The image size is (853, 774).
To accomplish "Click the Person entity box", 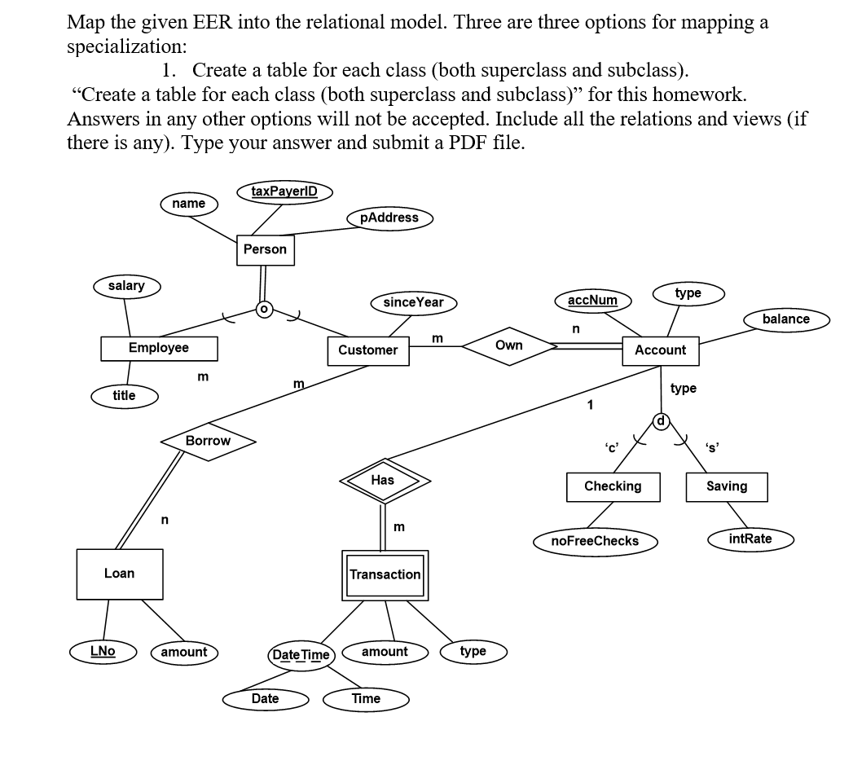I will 265,249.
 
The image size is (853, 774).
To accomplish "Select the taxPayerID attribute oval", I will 284,192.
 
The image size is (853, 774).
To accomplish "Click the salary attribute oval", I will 125,286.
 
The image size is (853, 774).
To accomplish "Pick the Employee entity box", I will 159,348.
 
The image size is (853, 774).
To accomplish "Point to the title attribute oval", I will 124,396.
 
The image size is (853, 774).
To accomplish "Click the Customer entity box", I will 367,350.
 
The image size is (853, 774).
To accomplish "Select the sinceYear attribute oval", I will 413,302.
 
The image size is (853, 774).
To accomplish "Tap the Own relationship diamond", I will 508,345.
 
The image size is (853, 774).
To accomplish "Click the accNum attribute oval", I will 592,300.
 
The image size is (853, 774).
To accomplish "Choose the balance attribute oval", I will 785,319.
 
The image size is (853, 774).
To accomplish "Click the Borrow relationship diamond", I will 208,441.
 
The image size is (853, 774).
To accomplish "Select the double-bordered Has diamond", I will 383,481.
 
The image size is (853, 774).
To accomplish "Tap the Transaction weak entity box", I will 385,574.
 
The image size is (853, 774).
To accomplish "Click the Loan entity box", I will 119,574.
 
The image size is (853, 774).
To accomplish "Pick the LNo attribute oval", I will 103,651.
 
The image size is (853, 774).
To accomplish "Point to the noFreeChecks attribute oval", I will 595,541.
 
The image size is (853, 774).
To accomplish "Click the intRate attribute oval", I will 750,539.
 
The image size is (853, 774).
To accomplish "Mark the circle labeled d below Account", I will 662,421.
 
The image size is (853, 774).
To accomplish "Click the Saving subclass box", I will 726,486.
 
